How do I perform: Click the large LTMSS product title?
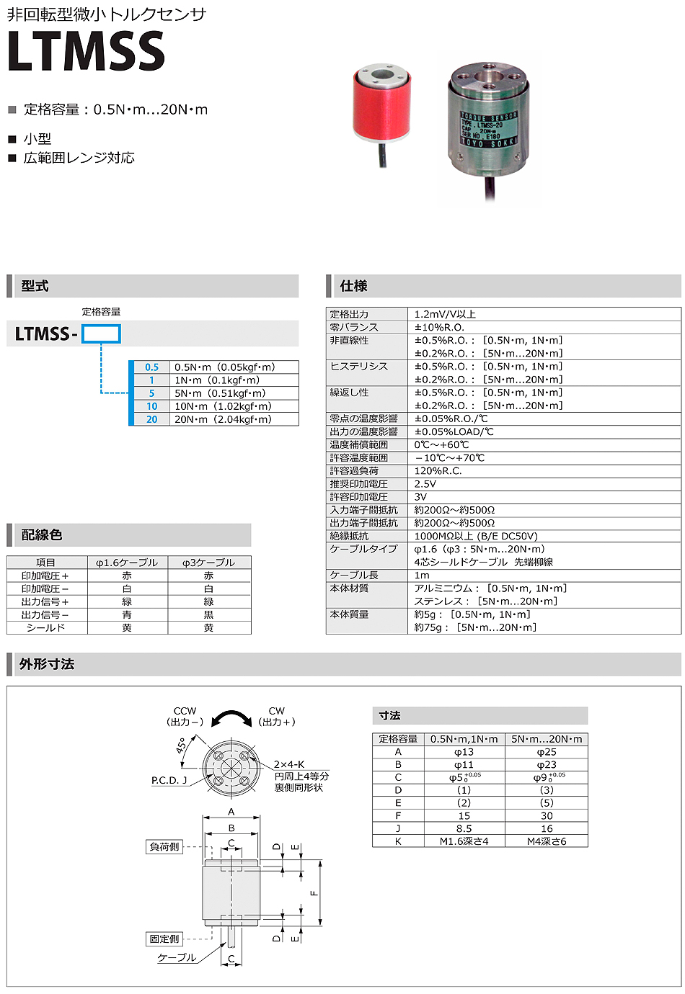[x=86, y=51]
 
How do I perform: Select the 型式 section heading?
[x=35, y=286]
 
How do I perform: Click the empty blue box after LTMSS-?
[x=101, y=333]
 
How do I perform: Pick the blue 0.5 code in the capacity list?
[x=151, y=367]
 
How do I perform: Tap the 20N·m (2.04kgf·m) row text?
[x=223, y=419]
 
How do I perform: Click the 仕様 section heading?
[x=353, y=286]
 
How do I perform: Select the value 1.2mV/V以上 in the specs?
[x=445, y=314]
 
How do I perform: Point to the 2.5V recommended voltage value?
[x=425, y=484]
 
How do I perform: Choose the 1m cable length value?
[x=422, y=576]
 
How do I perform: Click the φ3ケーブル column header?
[x=208, y=563]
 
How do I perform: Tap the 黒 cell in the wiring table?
[x=208, y=615]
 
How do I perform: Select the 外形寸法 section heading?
[x=47, y=664]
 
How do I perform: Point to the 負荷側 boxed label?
[x=164, y=847]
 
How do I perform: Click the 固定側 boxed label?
[x=164, y=939]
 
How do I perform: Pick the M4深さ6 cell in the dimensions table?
[x=547, y=841]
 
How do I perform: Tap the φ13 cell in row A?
[x=464, y=752]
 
